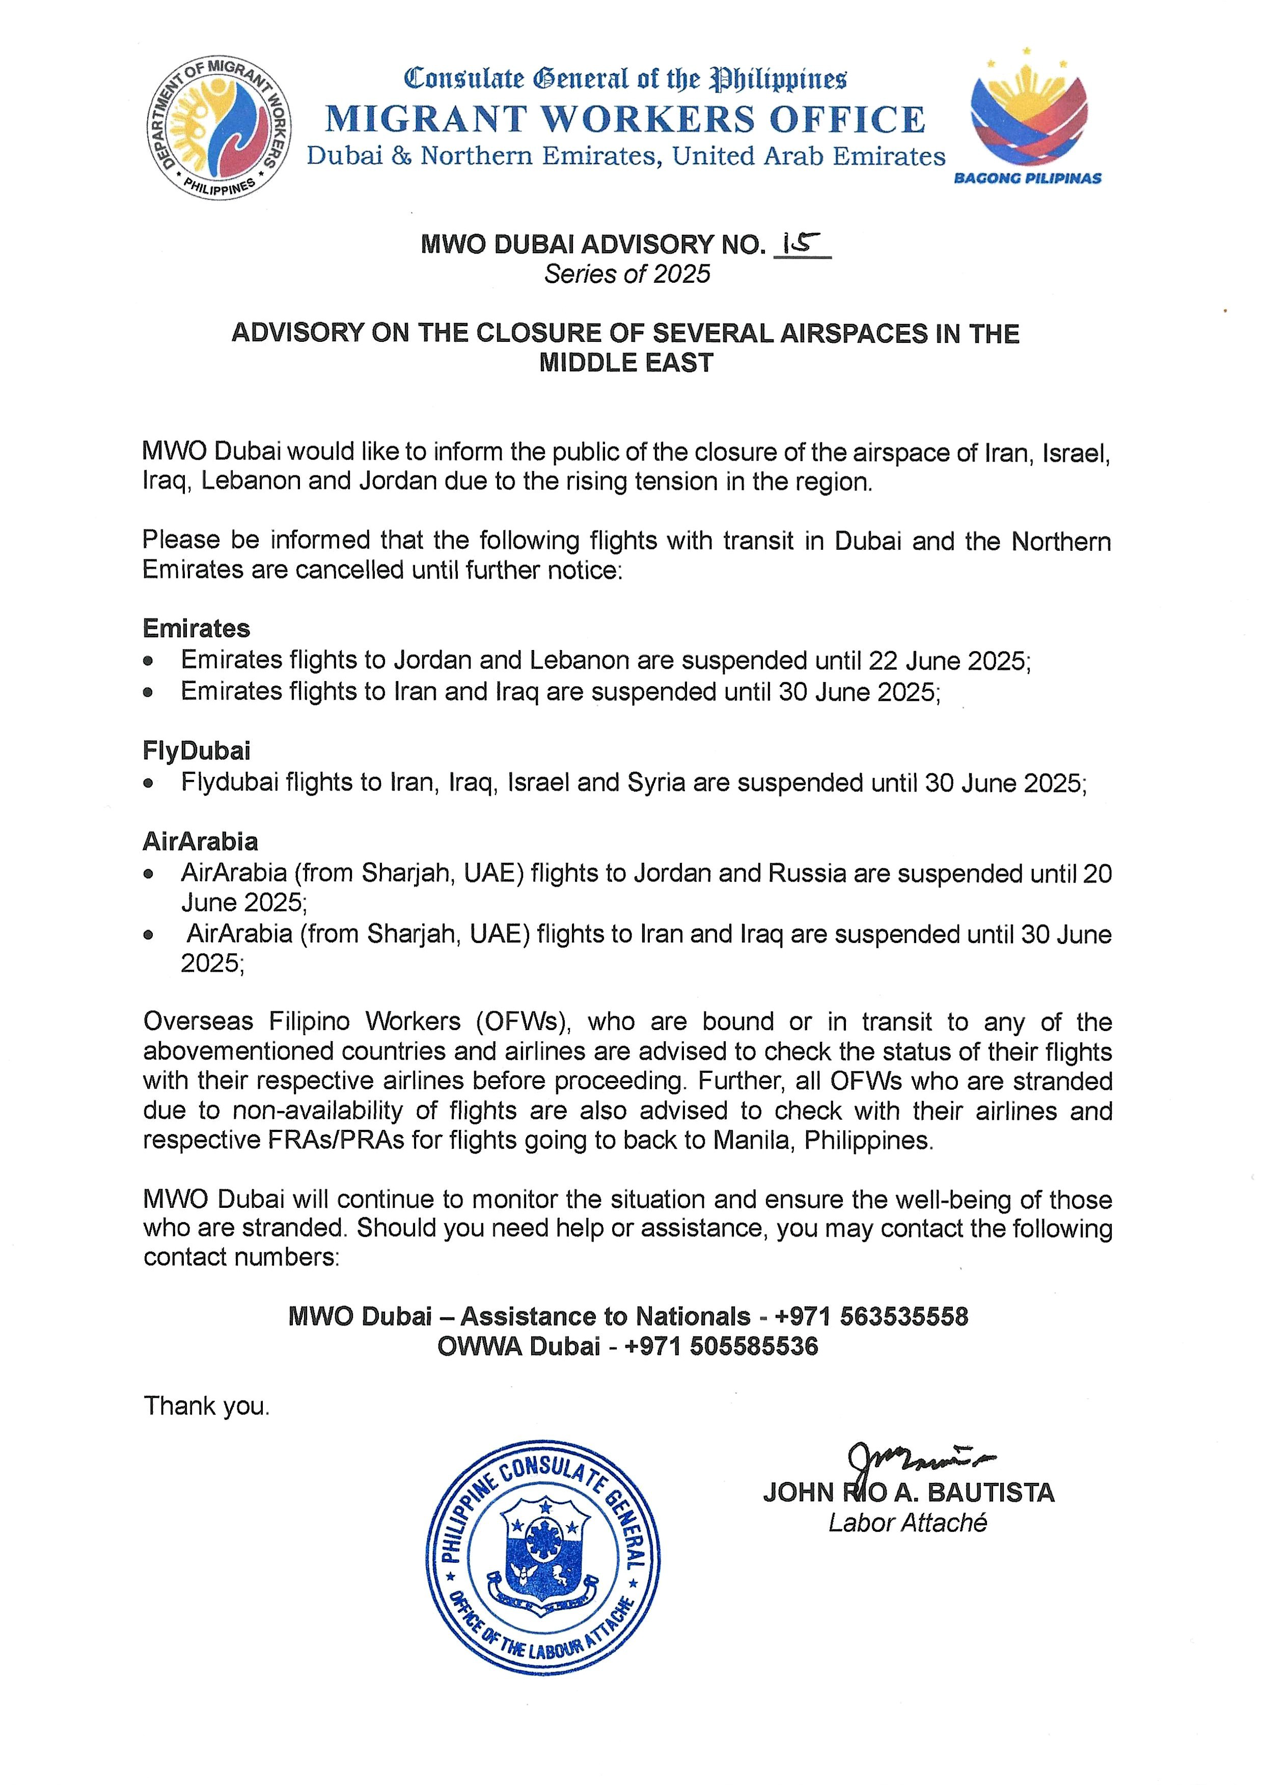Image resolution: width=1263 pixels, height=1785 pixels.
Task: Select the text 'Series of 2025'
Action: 627,274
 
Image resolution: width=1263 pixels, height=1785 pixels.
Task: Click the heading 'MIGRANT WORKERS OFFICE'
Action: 625,119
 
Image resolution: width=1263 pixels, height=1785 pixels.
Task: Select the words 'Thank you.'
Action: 206,1405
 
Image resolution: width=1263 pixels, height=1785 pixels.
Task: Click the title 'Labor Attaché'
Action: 907,1522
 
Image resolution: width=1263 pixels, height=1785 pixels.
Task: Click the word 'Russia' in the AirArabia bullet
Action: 807,874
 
